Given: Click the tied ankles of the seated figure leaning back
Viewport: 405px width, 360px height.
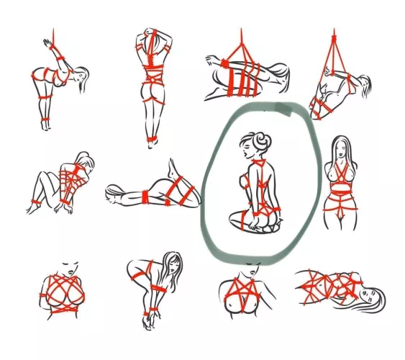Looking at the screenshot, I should pyautogui.click(x=35, y=203).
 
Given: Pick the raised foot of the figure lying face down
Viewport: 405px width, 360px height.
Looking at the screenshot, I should pyautogui.click(x=173, y=168).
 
